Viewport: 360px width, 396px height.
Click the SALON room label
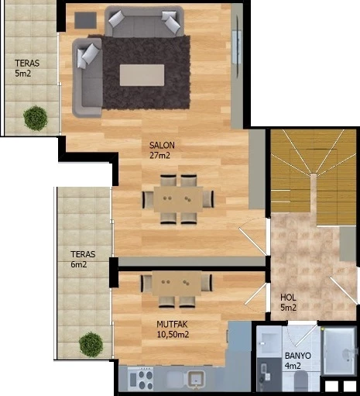tap(162, 145)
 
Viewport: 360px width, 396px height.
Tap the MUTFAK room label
tap(172, 324)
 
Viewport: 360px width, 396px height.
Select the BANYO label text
tap(298, 356)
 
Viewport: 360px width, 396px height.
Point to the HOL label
tap(288, 298)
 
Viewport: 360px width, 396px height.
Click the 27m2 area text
tap(159, 156)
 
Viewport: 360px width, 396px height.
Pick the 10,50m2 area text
tap(173, 335)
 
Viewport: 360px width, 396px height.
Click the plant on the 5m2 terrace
tap(36, 118)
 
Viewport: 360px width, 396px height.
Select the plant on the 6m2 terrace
tap(91, 345)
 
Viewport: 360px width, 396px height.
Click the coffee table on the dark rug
tap(142, 75)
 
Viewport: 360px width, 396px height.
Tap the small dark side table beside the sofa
tap(86, 20)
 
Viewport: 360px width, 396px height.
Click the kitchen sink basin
tap(197, 379)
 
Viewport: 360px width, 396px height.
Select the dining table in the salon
tap(178, 199)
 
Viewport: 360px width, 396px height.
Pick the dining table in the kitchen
tap(177, 284)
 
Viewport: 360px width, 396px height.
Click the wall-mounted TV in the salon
tap(237, 46)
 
